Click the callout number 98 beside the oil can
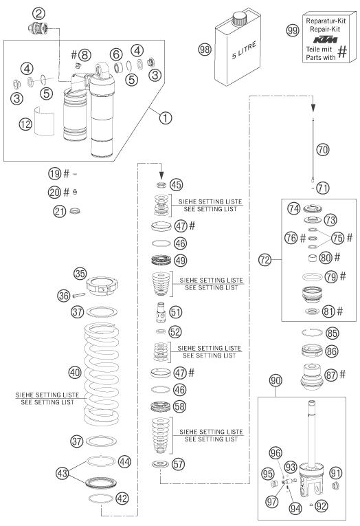coord(205,50)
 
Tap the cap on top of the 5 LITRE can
coord(239,18)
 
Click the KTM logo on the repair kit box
coord(325,40)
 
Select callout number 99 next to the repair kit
coord(293,30)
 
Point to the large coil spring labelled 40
coord(101,373)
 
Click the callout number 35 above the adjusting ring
coord(80,274)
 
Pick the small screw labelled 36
coord(78,295)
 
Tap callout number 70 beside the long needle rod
coord(323,149)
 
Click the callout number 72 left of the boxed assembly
coord(265,260)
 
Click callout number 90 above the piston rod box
coord(275,381)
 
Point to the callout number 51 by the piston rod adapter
coord(176,311)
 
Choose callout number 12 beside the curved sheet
coord(25,124)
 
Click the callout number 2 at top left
coord(38,14)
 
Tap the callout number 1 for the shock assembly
coord(166,118)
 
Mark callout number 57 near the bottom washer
coord(178,464)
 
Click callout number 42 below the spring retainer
coord(122,498)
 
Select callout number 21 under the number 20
coord(60,211)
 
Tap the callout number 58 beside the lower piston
coord(179,406)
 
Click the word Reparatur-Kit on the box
coord(326,21)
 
